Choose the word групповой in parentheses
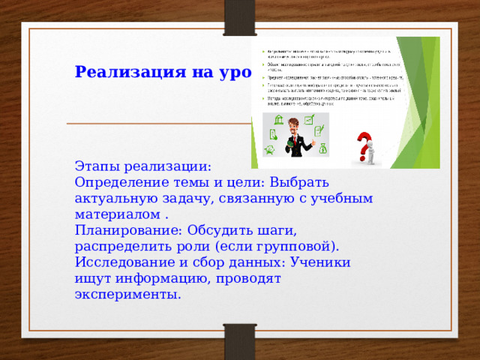(295, 246)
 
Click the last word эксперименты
(128, 295)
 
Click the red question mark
(363, 143)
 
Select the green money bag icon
(323, 148)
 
